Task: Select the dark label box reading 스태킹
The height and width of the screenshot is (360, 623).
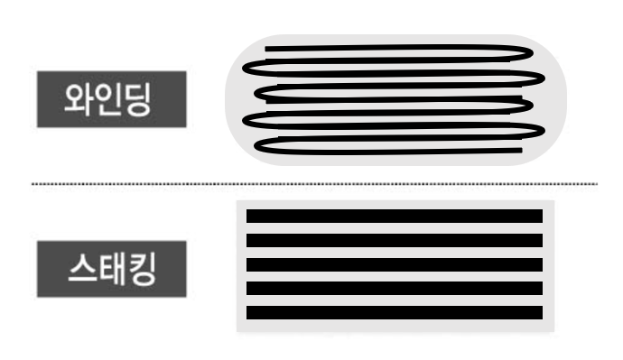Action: (111, 270)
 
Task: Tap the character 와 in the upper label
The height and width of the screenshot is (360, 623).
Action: (77, 98)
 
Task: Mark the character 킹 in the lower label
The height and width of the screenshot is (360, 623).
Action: (144, 270)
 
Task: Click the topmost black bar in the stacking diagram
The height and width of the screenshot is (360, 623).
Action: (395, 216)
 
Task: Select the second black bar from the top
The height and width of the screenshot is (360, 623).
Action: (395, 240)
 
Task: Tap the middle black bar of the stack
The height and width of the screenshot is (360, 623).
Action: (395, 263)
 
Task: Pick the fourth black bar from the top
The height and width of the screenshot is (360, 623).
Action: (395, 288)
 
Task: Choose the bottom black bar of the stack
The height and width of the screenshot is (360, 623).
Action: (395, 312)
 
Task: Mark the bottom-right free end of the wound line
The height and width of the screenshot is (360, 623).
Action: (518, 151)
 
